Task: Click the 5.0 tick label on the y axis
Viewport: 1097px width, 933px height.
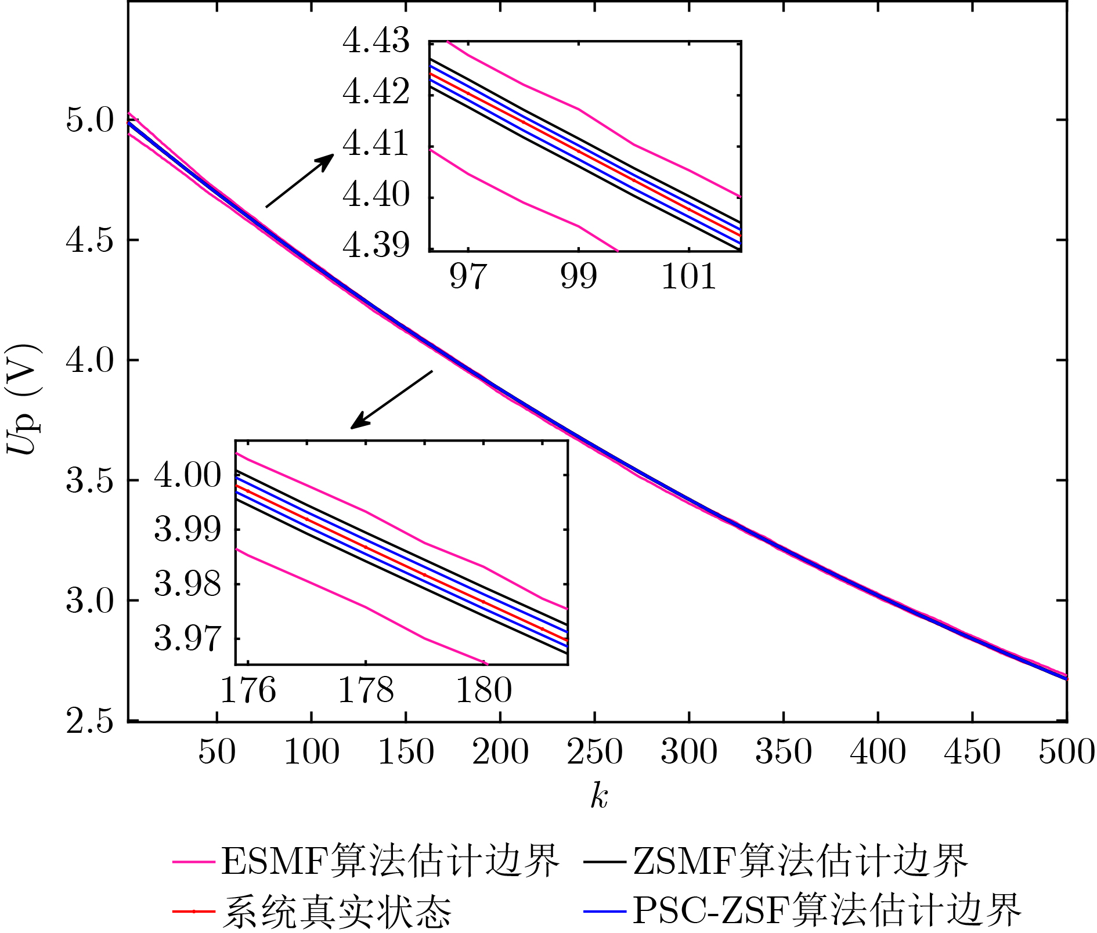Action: [89, 121]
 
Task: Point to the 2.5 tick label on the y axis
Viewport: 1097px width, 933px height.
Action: [89, 722]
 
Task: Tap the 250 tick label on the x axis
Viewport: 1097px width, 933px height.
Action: [594, 752]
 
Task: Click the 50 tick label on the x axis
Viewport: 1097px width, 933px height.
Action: [216, 752]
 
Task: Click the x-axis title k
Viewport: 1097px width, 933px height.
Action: [599, 796]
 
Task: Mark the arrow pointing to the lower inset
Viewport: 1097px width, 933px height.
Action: [392, 399]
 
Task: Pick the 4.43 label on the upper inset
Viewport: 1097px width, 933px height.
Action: [376, 42]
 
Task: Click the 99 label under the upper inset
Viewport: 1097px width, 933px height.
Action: [579, 276]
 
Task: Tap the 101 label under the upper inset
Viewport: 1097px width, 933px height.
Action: [689, 276]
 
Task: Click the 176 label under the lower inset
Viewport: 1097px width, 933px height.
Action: [248, 690]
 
